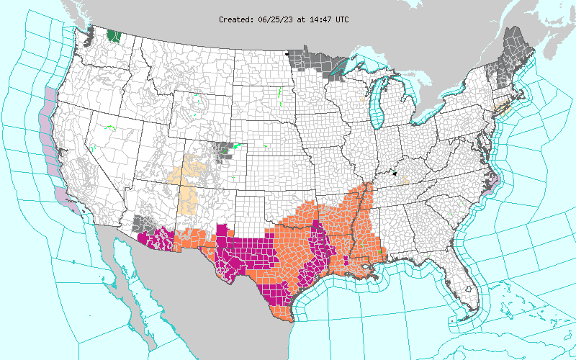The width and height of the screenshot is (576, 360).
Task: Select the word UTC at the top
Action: coord(340,19)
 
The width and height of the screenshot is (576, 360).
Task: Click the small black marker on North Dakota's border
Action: coord(287,53)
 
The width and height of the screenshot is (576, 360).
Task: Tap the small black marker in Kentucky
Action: coord(395,174)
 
